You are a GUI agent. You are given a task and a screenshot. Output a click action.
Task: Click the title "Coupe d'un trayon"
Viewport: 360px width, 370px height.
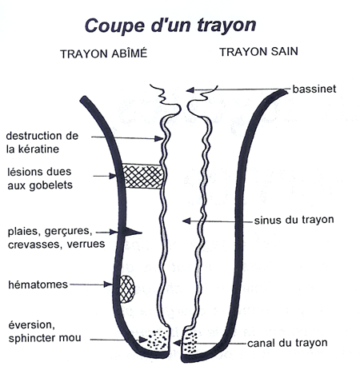[170, 26]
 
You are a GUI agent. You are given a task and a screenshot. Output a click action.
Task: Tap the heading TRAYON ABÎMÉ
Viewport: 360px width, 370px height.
[104, 54]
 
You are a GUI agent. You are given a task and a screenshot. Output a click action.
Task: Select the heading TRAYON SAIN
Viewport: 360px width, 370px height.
[258, 52]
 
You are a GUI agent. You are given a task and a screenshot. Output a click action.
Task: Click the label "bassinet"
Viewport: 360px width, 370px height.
[314, 89]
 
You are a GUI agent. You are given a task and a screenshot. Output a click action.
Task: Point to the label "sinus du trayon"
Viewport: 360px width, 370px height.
[294, 220]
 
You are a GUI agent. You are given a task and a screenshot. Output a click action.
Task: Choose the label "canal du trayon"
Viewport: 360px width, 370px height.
[287, 343]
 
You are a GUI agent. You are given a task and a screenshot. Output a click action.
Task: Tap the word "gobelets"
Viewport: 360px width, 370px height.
[50, 185]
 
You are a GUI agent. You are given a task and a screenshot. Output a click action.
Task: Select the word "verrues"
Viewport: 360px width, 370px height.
[86, 244]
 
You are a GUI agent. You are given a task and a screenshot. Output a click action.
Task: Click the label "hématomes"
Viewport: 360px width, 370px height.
[38, 284]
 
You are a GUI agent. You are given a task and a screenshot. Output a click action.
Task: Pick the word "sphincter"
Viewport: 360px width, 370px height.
[33, 338]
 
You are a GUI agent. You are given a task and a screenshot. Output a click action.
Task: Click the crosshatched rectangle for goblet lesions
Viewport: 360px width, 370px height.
[143, 177]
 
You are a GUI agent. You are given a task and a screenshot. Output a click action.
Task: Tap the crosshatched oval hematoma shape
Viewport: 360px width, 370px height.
[126, 289]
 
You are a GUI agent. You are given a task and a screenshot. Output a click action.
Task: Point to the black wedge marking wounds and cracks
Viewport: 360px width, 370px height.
[131, 233]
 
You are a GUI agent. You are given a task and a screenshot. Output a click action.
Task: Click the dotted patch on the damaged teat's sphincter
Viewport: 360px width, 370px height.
[158, 340]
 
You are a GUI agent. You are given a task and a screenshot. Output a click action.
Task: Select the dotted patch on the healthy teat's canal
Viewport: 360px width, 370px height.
[190, 343]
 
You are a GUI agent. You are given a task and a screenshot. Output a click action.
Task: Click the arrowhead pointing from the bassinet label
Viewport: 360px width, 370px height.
[190, 90]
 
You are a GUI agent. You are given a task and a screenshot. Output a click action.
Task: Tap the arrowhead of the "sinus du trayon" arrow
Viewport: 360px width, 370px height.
[186, 221]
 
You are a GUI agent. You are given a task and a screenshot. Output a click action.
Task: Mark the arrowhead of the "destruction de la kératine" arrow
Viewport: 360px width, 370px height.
[159, 138]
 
